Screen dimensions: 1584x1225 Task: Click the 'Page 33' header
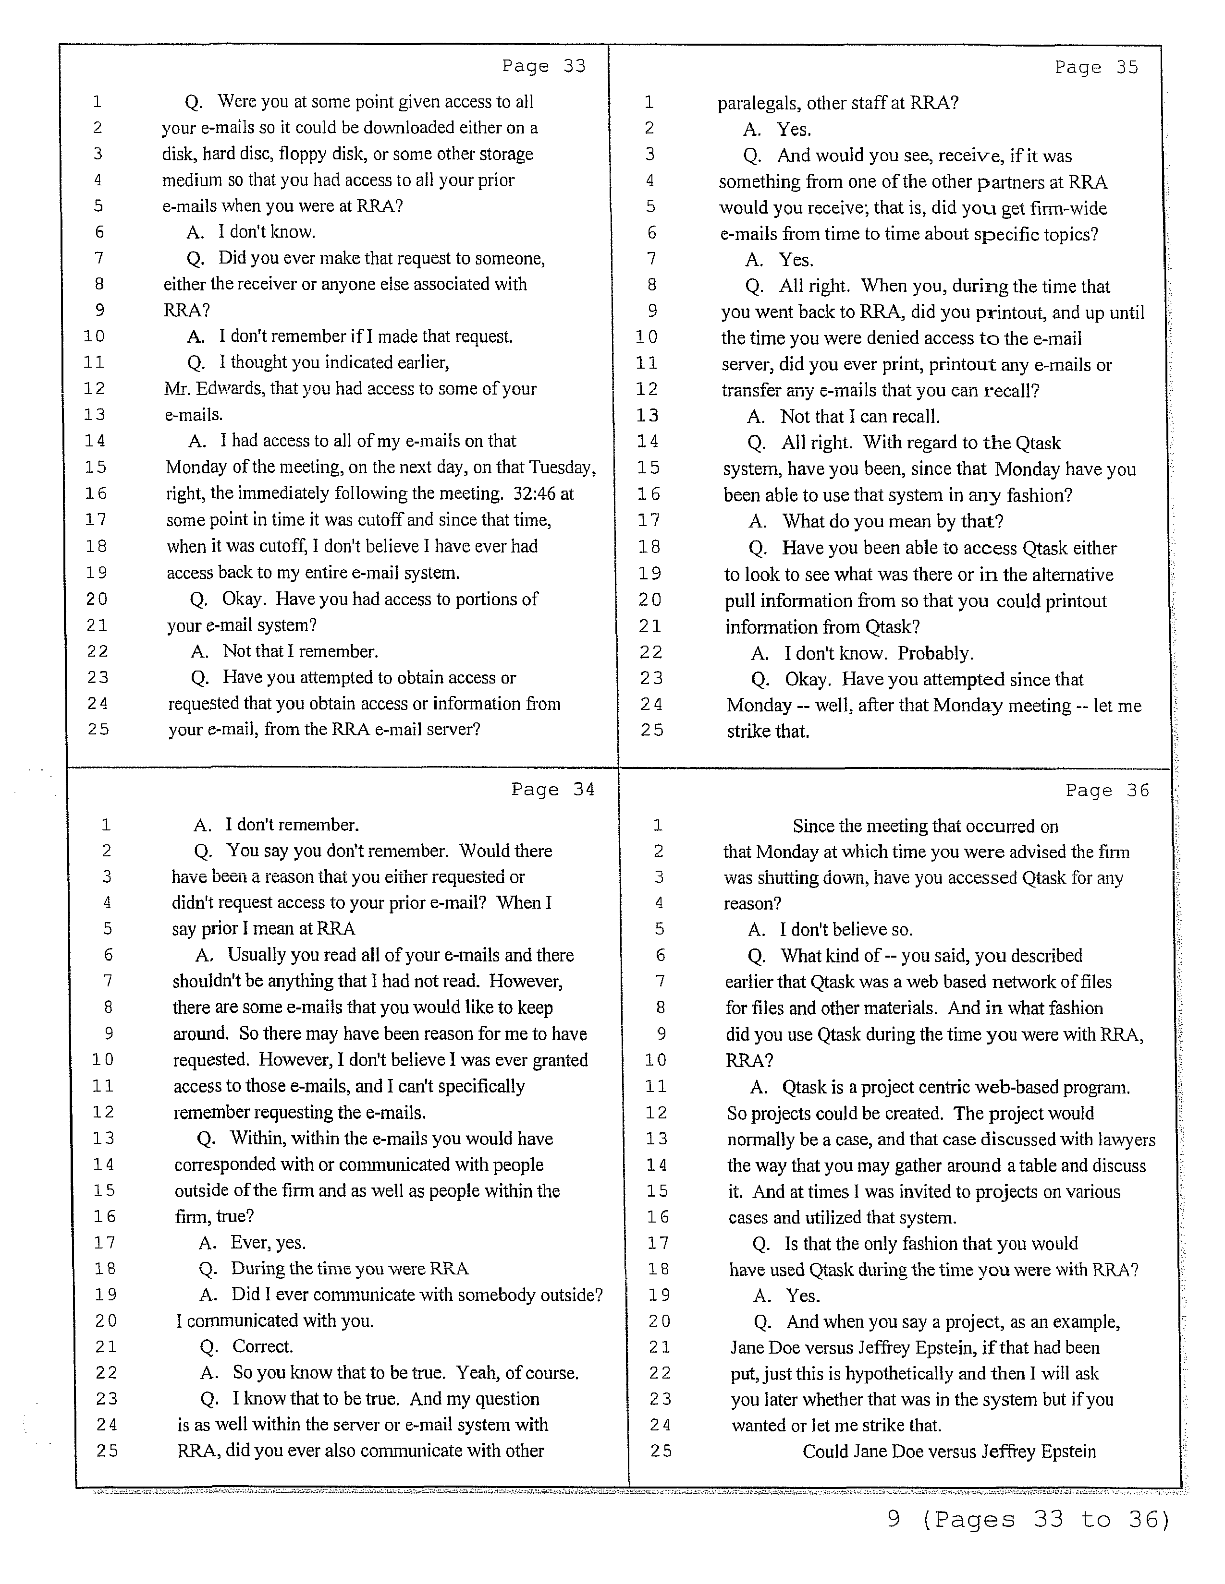pyautogui.click(x=543, y=66)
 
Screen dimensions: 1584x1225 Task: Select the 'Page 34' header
pyautogui.click(x=553, y=789)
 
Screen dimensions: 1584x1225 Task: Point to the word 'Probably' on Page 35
pyautogui.click(x=935, y=653)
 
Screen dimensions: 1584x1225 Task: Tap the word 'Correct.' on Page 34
pyautogui.click(x=263, y=1347)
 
